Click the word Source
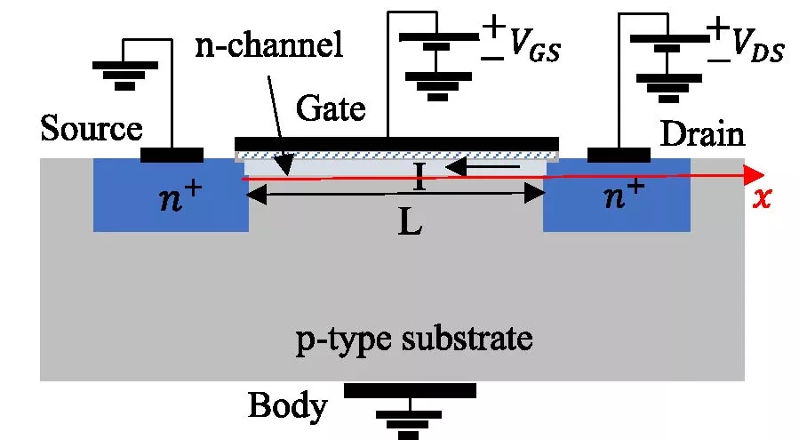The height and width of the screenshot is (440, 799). (x=92, y=130)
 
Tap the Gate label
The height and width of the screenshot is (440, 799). (x=331, y=109)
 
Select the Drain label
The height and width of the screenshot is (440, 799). (x=701, y=134)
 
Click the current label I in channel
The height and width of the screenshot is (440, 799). (x=419, y=180)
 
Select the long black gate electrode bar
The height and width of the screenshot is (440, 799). (x=396, y=143)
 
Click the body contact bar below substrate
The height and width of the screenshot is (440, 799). (x=410, y=390)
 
